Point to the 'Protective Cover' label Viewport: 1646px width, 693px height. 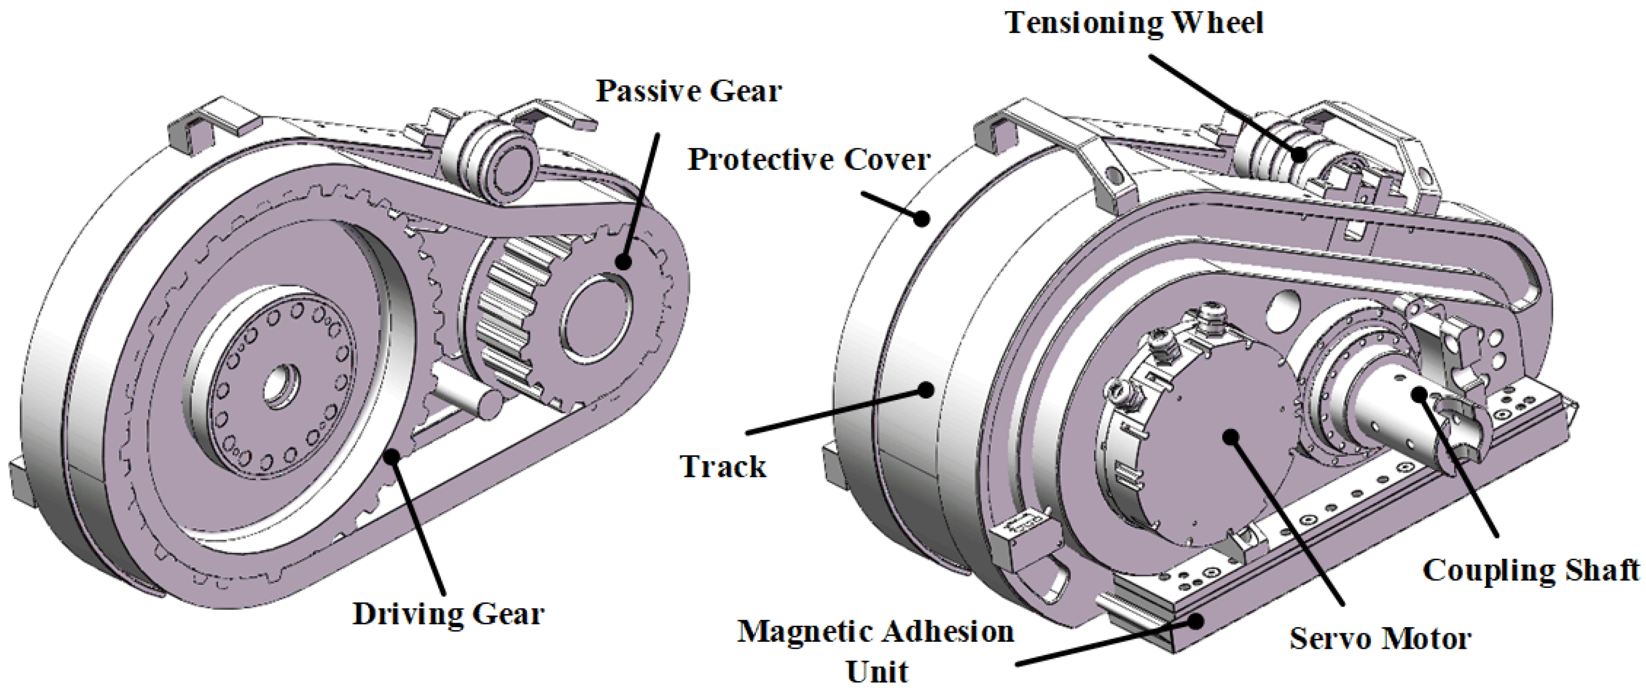tap(808, 160)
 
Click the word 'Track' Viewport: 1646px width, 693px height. tap(723, 466)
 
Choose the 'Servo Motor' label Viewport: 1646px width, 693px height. tap(1380, 639)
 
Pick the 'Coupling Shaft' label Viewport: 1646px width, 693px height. tap(1530, 570)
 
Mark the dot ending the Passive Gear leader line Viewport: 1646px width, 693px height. tap(623, 261)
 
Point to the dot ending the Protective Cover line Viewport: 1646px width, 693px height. tap(921, 219)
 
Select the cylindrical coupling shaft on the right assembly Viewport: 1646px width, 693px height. tap(1393, 409)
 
